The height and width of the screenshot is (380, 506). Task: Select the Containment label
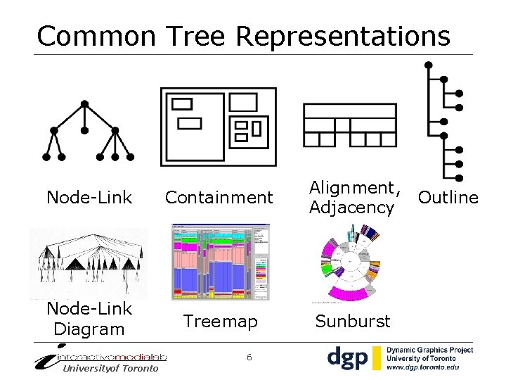[x=219, y=198]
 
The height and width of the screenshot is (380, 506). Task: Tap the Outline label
[x=448, y=198]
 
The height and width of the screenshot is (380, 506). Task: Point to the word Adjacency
[x=351, y=208]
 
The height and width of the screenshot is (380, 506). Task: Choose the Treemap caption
[x=220, y=322]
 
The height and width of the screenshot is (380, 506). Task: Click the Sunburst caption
[x=352, y=322]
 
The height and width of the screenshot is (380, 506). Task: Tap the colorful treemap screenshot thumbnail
[x=220, y=262]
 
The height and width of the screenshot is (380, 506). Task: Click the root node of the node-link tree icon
[x=85, y=104]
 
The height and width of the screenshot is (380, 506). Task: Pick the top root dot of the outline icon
[x=429, y=65]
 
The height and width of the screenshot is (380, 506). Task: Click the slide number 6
[x=249, y=357]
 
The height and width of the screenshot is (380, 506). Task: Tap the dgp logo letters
[x=348, y=357]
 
